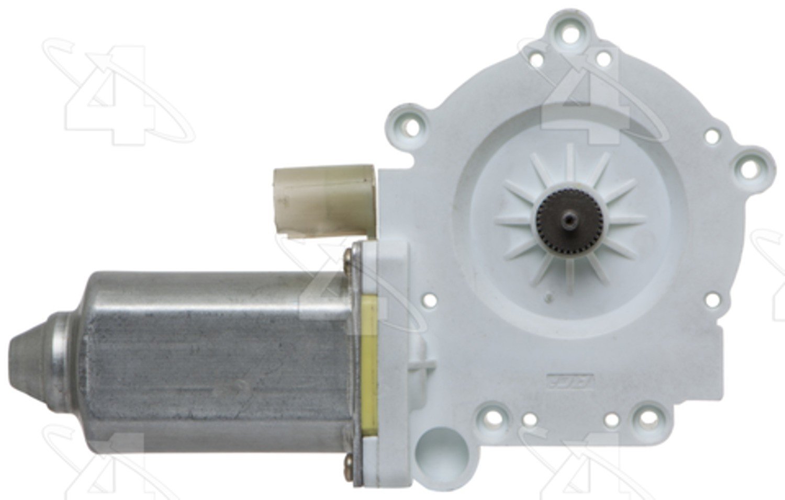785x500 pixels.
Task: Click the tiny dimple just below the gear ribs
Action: coord(549,297)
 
